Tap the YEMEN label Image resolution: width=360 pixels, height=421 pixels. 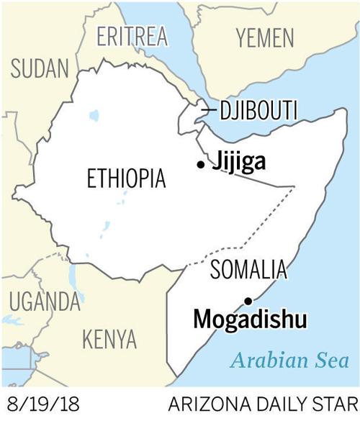[266, 37]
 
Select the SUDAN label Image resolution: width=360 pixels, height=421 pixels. [39, 69]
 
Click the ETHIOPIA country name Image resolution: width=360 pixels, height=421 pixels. [126, 178]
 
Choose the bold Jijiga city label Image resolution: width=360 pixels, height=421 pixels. [237, 163]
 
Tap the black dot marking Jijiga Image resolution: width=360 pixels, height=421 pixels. [200, 165]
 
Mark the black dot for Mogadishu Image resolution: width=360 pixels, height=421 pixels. [248, 301]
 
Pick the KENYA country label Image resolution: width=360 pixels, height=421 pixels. [109, 337]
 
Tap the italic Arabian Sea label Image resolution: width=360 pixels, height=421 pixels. [292, 361]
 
